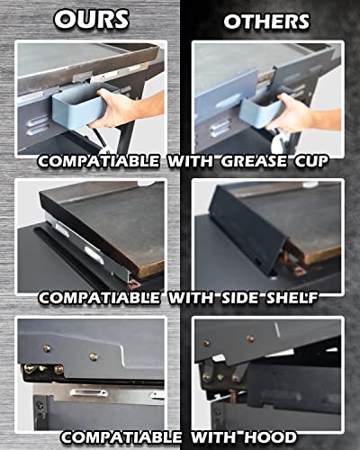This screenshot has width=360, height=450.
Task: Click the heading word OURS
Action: coord(90,18)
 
